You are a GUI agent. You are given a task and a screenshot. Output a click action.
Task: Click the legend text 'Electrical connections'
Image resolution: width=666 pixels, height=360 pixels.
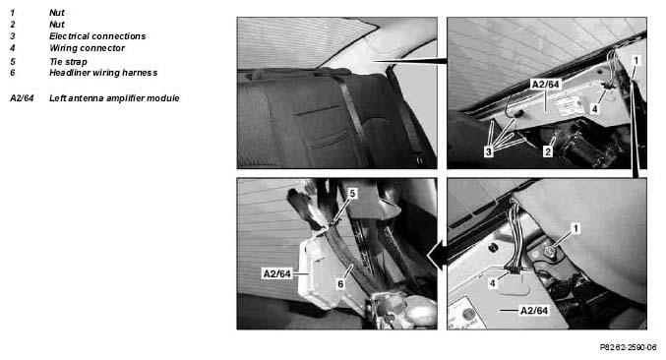(x=97, y=36)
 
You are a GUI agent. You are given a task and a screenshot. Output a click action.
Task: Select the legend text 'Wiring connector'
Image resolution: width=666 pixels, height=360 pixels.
(x=88, y=48)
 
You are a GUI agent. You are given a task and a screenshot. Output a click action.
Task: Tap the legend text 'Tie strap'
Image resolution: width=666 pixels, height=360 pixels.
(x=68, y=62)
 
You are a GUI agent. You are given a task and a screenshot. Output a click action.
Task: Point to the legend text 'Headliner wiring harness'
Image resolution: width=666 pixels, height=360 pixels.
(x=103, y=73)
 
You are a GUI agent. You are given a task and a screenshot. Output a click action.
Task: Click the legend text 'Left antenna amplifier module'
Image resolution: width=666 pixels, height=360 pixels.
(x=114, y=98)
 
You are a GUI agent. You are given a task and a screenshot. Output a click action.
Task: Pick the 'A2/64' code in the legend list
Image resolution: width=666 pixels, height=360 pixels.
(x=22, y=98)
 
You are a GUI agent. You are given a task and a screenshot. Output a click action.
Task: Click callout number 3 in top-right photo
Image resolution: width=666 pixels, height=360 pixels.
(x=489, y=151)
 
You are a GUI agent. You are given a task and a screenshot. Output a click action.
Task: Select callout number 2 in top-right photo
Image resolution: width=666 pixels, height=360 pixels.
(x=548, y=151)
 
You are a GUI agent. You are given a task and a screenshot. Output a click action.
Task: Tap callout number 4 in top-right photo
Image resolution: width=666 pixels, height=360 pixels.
(x=594, y=109)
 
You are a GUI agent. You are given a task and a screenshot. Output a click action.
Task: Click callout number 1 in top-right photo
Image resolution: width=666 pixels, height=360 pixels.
(x=636, y=61)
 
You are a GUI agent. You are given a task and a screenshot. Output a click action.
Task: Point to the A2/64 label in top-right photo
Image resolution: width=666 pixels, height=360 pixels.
(x=546, y=85)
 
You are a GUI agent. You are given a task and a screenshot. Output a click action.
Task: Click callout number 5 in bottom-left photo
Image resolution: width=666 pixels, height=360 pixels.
(x=352, y=194)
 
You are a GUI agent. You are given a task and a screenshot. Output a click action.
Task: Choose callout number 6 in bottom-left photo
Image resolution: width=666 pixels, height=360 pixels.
(x=340, y=284)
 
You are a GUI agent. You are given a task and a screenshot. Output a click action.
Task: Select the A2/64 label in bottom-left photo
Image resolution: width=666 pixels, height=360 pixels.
(x=277, y=273)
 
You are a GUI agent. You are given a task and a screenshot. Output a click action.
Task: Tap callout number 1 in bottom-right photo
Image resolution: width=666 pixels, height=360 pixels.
(x=575, y=229)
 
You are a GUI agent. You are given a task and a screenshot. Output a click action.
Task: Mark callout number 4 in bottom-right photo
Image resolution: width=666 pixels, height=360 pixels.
(x=492, y=283)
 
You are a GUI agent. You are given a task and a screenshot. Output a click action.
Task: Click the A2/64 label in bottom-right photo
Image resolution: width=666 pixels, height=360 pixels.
(x=534, y=311)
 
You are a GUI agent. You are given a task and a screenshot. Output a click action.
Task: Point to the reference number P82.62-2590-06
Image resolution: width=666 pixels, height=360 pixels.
(x=629, y=347)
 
